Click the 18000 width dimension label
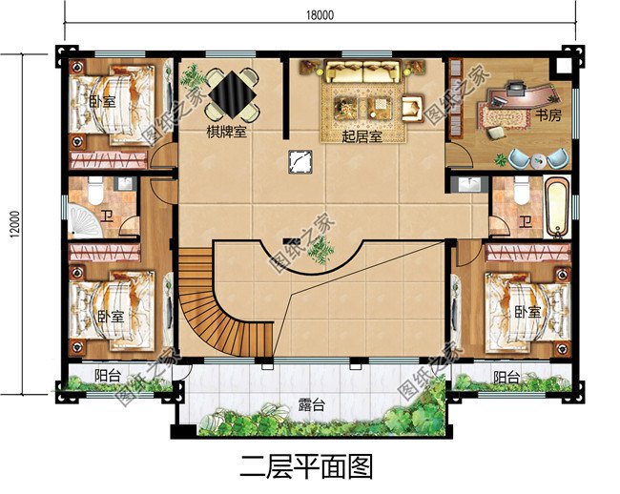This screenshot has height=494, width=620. pos(320,14)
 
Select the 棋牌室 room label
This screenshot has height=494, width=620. pos(227,133)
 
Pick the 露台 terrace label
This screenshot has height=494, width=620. pos(311,405)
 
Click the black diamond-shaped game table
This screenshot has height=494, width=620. pos(230,93)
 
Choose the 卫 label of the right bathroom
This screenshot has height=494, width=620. pos(526,222)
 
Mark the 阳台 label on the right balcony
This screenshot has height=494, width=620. pos(506,378)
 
